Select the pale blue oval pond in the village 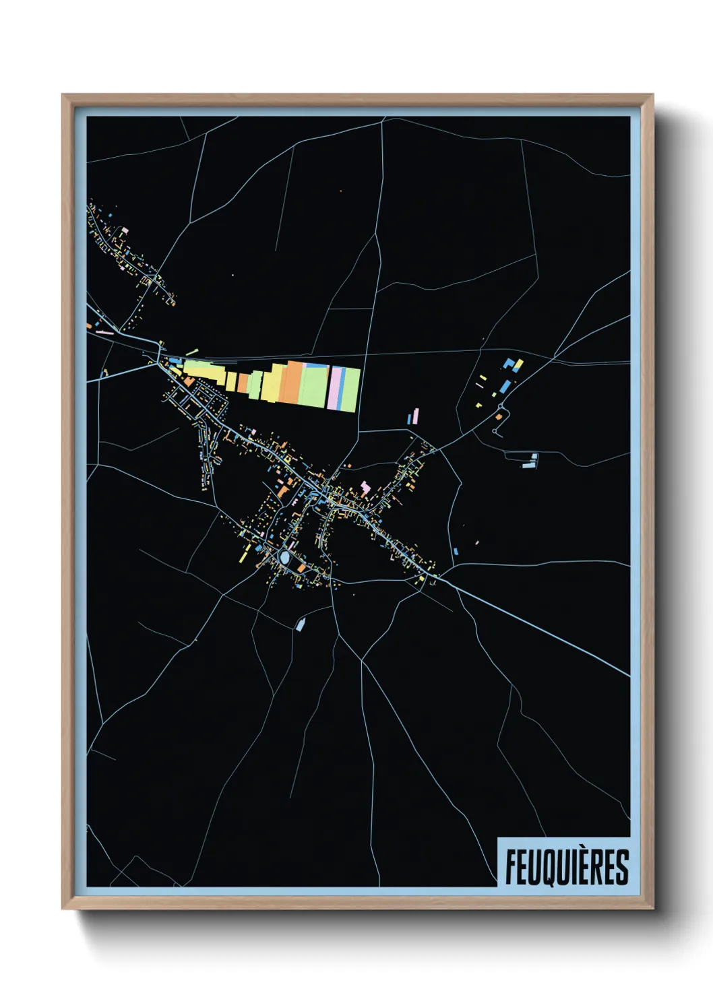pyautogui.click(x=286, y=558)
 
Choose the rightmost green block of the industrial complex pyautogui.click(x=352, y=389)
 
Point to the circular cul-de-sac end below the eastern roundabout pyautogui.click(x=497, y=430)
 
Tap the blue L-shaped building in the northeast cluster pyautogui.click(x=517, y=364)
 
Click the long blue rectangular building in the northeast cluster pyautogui.click(x=505, y=387)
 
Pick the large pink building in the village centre pyautogui.click(x=365, y=486)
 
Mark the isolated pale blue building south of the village pyautogui.click(x=300, y=624)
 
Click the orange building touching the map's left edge pyautogui.click(x=89, y=326)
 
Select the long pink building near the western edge pyautogui.click(x=104, y=332)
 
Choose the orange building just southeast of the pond pyautogui.click(x=301, y=569)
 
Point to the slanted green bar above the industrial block pyautogui.click(x=192, y=352)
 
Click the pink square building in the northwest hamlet pyautogui.click(x=125, y=229)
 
